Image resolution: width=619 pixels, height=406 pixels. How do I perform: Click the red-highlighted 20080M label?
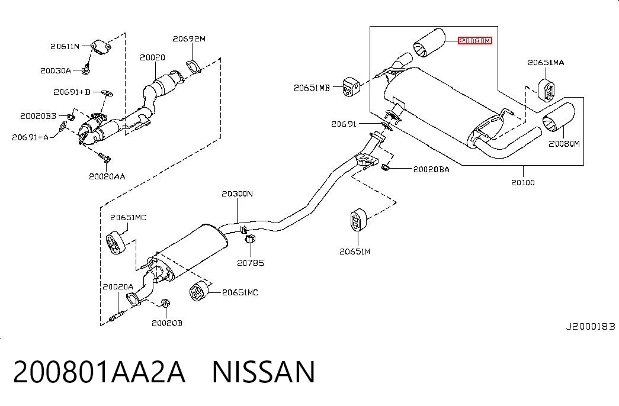(475, 41)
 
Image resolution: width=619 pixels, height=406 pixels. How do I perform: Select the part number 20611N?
(65, 47)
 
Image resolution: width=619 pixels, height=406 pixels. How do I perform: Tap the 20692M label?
(189, 38)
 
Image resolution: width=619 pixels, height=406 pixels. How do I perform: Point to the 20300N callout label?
(237, 194)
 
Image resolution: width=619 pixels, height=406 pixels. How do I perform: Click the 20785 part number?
(251, 263)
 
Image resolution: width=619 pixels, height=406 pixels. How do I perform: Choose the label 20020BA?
(431, 169)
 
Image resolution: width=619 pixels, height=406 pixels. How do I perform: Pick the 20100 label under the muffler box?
(522, 182)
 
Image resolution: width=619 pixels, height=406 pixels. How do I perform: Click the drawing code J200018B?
(590, 327)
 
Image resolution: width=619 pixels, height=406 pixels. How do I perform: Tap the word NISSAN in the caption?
(264, 372)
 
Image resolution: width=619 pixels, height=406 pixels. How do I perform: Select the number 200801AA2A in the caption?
(99, 372)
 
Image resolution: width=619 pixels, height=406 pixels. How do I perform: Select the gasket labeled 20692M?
(194, 66)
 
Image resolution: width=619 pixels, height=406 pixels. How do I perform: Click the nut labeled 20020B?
(165, 303)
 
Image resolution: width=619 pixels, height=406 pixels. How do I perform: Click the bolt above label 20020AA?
(105, 157)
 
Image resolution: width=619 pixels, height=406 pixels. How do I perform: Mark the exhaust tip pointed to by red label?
(429, 43)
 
